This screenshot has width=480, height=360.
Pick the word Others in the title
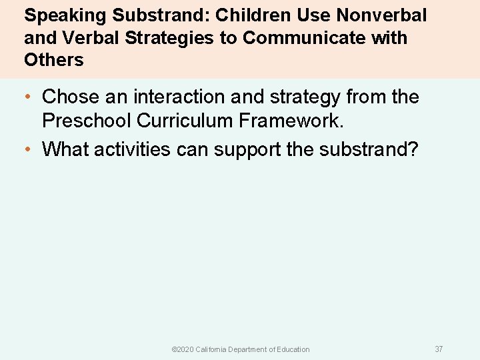click(x=54, y=60)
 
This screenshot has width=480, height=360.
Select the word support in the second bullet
click(x=245, y=149)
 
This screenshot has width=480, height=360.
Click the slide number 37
click(x=439, y=349)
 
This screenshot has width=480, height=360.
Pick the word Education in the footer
click(x=293, y=349)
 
